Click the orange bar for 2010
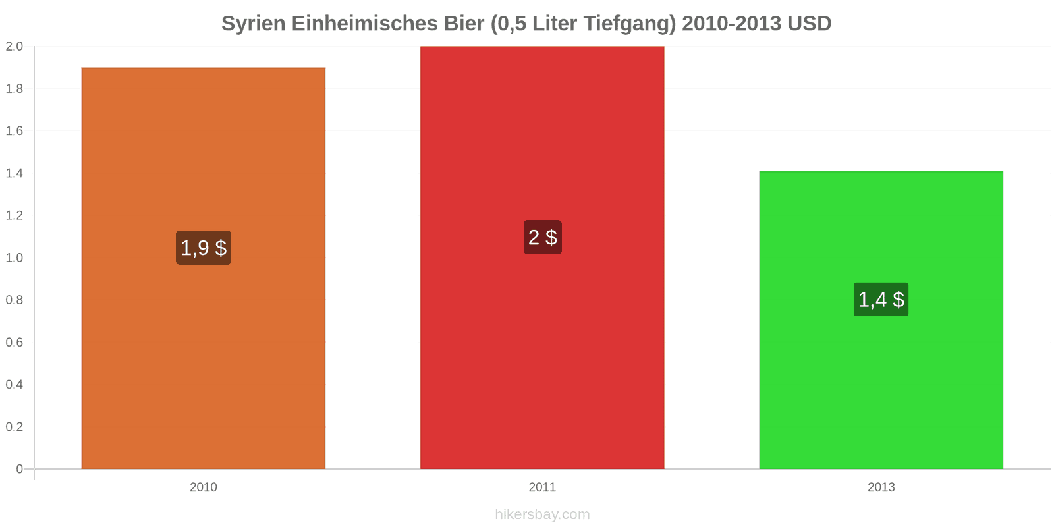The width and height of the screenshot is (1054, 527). pos(204,268)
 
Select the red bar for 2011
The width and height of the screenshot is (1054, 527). pos(542,258)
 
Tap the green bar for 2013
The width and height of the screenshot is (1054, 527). pos(881,320)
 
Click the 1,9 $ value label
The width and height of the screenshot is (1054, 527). pos(204,248)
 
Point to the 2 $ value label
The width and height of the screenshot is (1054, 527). pos(543,237)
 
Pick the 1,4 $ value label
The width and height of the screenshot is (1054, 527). pos(881,299)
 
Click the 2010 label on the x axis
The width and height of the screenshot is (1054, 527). pos(204,487)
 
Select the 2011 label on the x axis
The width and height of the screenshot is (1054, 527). pos(542,487)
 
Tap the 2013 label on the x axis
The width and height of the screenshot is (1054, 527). pos(881,487)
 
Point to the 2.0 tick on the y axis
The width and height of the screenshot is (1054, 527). pos(14,46)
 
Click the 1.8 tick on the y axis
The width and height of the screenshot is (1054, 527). pos(14,88)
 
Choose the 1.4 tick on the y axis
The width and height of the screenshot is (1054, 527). pos(14,173)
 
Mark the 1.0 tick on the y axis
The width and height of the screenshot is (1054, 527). pos(14,258)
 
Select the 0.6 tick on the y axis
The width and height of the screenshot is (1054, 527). pos(14,342)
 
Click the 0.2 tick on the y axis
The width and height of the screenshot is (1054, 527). pos(14,426)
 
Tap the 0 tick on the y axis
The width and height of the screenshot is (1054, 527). pos(19,468)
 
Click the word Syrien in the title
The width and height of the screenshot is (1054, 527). pos(253,24)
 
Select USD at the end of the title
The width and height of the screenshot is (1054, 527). pos(810,24)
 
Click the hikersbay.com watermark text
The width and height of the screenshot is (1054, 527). pos(542,514)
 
